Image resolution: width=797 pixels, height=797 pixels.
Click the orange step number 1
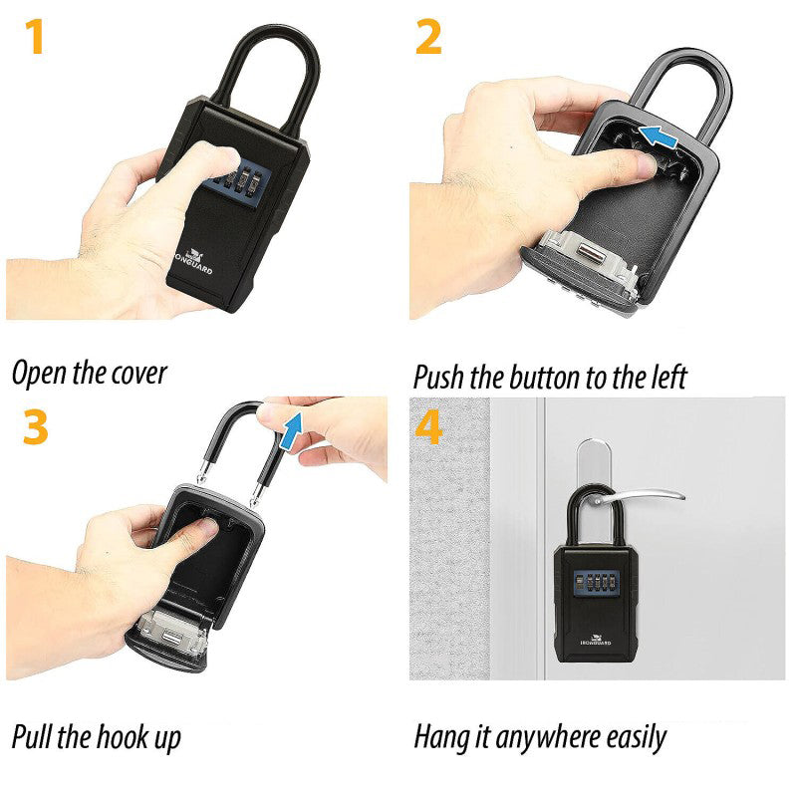click(35, 36)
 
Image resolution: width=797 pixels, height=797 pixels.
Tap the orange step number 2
click(428, 36)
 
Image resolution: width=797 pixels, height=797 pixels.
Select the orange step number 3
click(36, 427)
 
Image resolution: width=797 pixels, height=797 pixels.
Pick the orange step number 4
click(428, 427)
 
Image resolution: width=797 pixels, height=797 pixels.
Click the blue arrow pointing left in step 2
click(659, 137)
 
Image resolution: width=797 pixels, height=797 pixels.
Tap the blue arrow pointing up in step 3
click(291, 431)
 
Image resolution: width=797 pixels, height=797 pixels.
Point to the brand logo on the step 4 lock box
click(596, 640)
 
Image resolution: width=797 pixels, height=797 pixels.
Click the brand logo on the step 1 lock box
click(193, 261)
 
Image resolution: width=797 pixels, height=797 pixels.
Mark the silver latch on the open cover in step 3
click(171, 633)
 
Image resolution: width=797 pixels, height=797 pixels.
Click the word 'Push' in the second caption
click(438, 378)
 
